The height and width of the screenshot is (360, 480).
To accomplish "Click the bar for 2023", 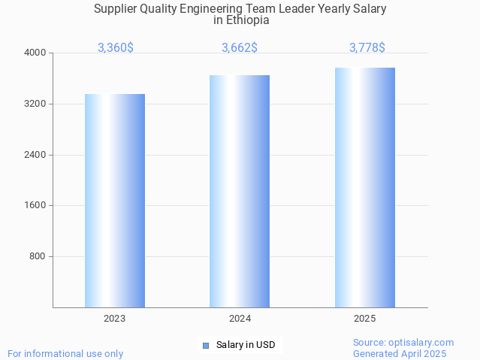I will tap(114, 201).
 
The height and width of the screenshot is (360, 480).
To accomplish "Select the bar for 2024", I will tap(240, 191).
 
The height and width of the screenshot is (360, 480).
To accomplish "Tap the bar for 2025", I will tap(364, 187).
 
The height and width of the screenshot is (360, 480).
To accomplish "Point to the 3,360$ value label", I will tap(116, 47).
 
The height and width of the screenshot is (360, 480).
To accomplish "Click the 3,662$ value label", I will tap(240, 47).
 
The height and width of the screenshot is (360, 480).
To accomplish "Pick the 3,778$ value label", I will tap(367, 47).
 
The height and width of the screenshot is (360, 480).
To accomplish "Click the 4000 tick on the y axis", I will tap(36, 53).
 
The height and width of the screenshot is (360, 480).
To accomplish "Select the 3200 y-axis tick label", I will tap(36, 104).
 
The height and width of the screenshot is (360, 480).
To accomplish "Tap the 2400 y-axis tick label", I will tap(36, 155).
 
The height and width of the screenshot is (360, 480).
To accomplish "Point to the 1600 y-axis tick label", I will tap(36, 205).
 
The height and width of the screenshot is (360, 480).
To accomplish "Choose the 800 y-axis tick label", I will tap(38, 256).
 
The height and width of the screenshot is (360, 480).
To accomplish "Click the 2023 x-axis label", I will tap(114, 319).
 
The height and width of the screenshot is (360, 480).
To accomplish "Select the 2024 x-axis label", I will tap(240, 319).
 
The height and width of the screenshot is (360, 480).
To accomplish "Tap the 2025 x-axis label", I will tap(364, 319).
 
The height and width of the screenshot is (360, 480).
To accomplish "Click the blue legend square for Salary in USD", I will tap(205, 346).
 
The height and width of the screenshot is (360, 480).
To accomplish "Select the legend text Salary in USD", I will tap(246, 346).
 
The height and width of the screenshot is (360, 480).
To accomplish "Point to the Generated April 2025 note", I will tap(400, 353).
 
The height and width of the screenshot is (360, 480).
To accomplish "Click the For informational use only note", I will tap(65, 353).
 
